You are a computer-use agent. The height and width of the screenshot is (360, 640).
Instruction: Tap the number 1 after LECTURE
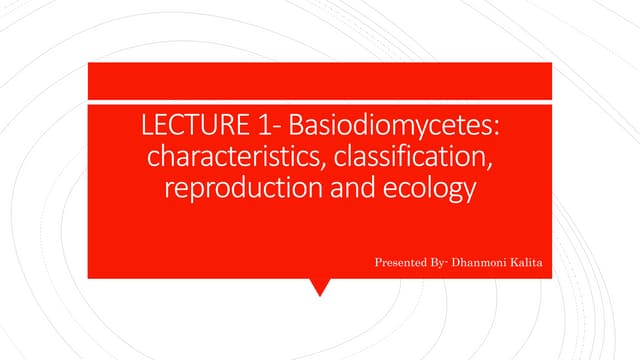[x=247, y=130]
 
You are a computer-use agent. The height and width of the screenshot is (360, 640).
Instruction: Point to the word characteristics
[x=223, y=160]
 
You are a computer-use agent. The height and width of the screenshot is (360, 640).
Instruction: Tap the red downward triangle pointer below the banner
[x=320, y=288]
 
